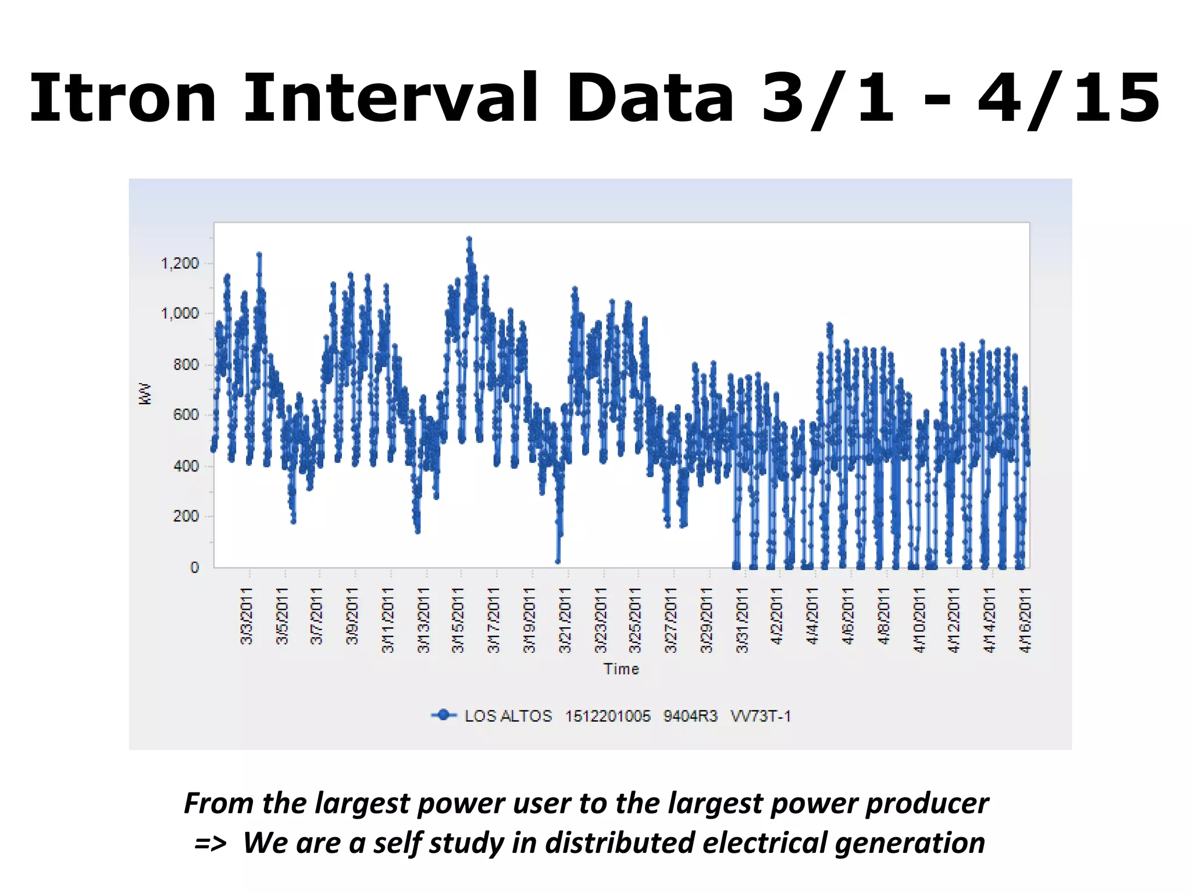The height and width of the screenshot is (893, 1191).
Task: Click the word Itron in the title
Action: (123, 98)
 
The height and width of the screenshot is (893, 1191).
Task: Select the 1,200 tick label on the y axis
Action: (180, 263)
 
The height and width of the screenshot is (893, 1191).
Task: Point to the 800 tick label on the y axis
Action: (186, 365)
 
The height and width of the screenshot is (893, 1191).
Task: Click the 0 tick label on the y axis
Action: (194, 567)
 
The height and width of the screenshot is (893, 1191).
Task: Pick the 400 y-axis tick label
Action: (186, 466)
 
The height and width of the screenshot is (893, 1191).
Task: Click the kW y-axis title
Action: (145, 394)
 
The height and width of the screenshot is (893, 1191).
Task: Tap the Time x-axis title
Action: (621, 669)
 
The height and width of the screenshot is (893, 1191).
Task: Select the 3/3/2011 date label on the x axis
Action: (247, 616)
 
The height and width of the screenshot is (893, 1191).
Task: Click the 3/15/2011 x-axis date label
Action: (458, 620)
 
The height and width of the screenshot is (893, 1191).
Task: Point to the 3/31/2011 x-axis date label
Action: (741, 620)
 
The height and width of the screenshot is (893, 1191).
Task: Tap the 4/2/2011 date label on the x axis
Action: (777, 616)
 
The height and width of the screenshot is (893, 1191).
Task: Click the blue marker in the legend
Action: (444, 715)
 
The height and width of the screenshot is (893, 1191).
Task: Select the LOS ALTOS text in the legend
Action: (508, 716)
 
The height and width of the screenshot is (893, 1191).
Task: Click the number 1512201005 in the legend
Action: (608, 716)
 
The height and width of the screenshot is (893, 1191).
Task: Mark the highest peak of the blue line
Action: (469, 238)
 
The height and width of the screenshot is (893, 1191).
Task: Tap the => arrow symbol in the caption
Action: (211, 844)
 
